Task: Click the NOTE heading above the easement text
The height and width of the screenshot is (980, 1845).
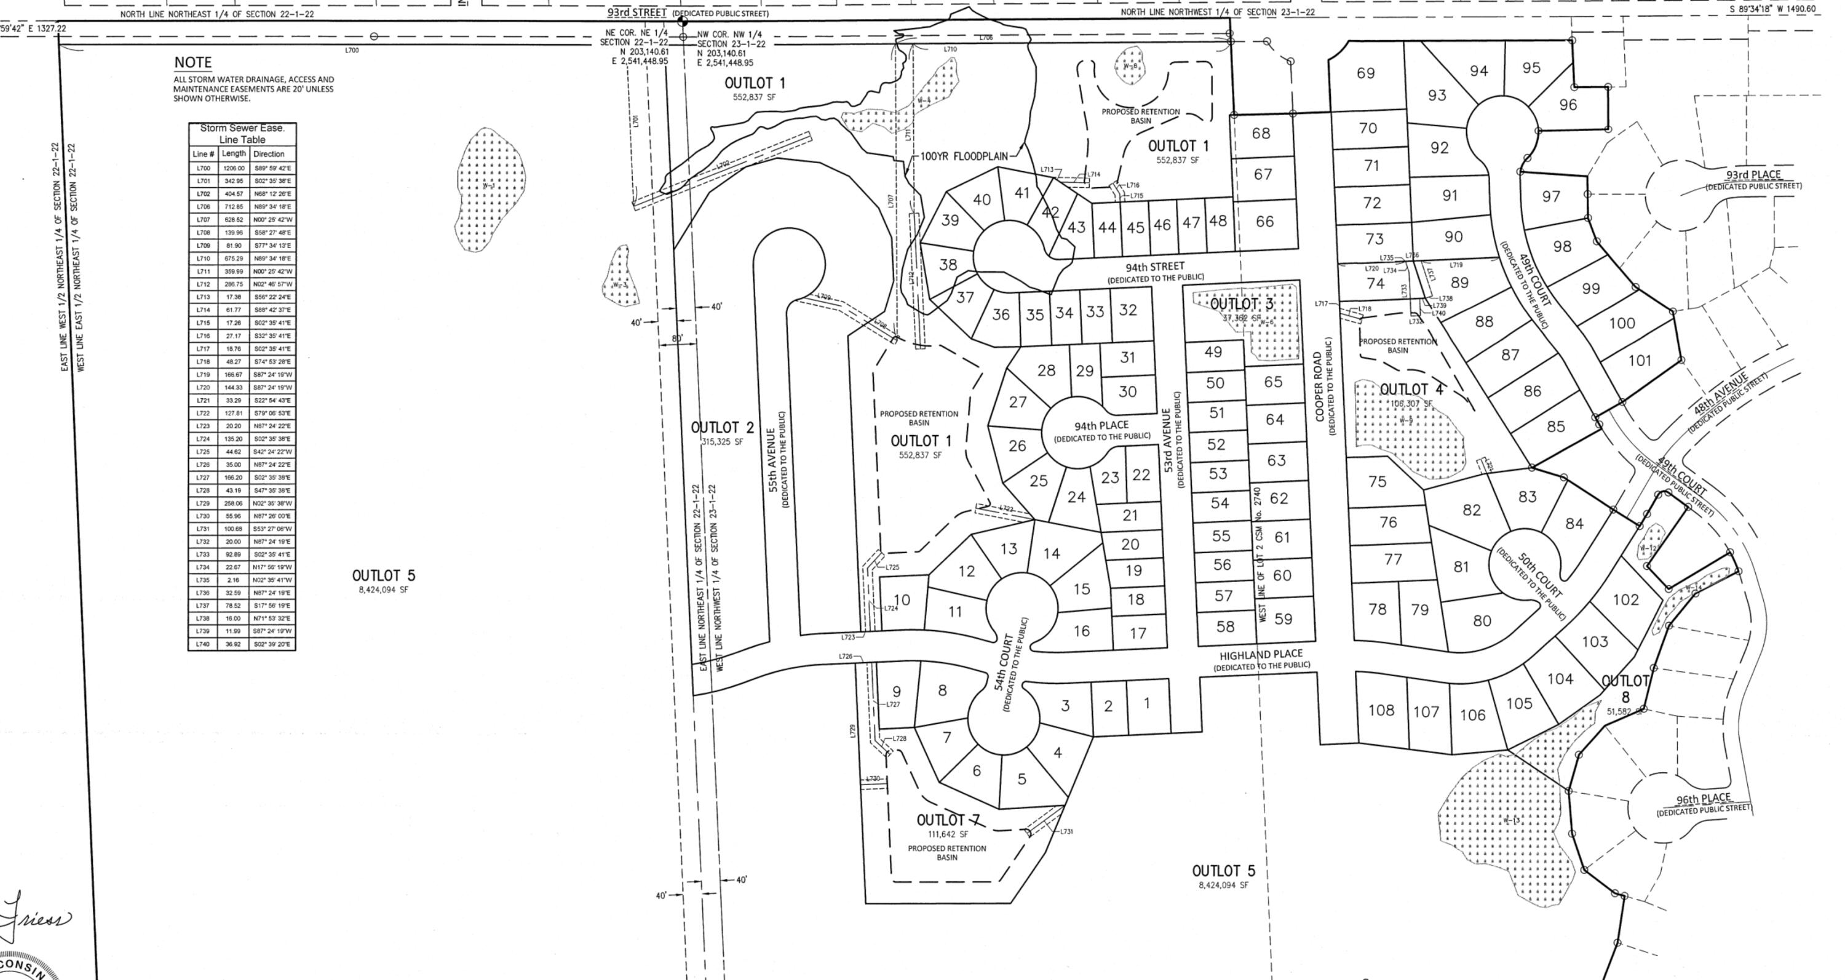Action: point(192,63)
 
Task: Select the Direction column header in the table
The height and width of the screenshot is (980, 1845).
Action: point(269,154)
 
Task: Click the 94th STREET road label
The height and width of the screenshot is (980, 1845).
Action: point(1154,267)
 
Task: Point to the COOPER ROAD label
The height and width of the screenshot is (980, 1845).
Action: point(1318,386)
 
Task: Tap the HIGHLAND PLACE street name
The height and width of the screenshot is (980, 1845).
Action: point(1261,655)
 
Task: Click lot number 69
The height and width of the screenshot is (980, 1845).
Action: point(1365,73)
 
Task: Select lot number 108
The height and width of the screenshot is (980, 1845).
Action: point(1381,710)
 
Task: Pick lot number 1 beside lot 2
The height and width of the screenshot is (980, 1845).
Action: point(1147,704)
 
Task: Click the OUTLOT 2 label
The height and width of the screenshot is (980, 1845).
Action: point(722,428)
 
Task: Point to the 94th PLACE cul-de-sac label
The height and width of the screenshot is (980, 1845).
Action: point(1101,426)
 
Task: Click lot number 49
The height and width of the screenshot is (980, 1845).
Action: point(1213,352)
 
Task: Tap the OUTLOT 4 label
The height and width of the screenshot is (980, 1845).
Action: point(1411,389)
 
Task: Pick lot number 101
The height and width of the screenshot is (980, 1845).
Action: point(1640,361)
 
